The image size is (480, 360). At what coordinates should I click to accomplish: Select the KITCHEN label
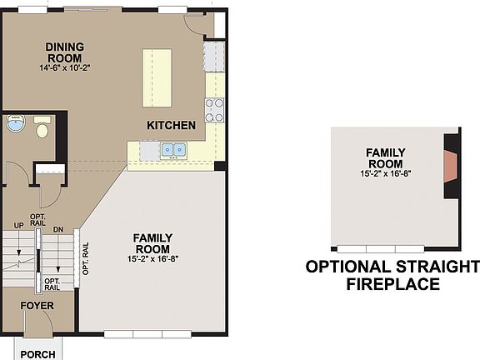tap(171, 126)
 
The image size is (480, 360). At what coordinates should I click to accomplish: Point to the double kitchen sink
tap(173, 150)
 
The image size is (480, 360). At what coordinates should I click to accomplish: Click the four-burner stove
tap(214, 109)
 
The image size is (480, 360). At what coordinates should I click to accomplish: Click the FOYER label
tap(37, 306)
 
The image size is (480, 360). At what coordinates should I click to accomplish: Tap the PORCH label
tap(37, 354)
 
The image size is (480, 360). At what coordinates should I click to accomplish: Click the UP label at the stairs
tap(17, 226)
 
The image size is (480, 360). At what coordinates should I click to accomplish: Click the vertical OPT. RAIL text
tap(85, 258)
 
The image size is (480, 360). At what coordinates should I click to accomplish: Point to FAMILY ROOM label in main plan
tap(152, 243)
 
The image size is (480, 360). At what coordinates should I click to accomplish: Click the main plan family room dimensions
tap(152, 259)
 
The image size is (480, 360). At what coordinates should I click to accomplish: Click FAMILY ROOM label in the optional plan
tap(385, 157)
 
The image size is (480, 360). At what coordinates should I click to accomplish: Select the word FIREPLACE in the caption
tap(392, 285)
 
